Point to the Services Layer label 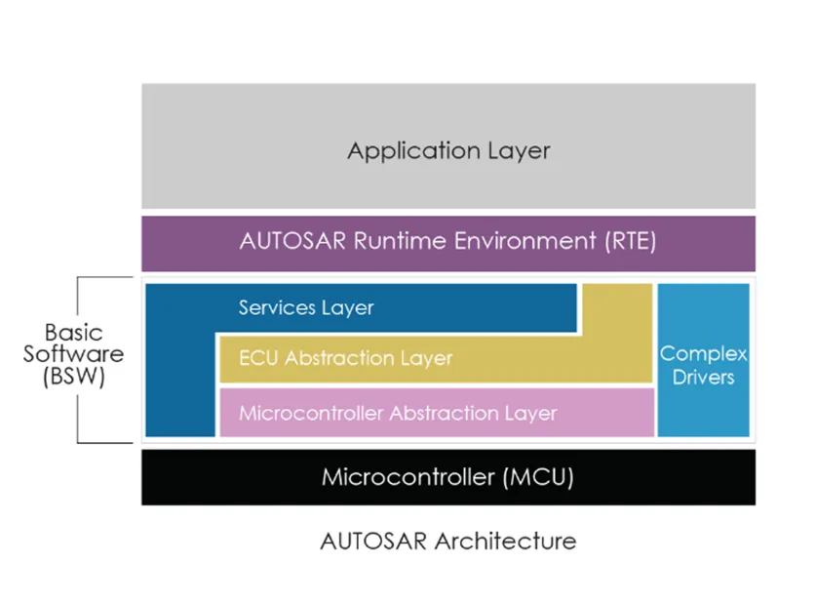tap(306, 308)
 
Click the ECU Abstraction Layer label tap(345, 358)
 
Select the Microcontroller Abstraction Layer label tap(398, 413)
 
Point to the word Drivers tap(703, 377)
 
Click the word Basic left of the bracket tap(74, 334)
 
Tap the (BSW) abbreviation tap(74, 377)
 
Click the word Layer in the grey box tap(519, 152)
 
